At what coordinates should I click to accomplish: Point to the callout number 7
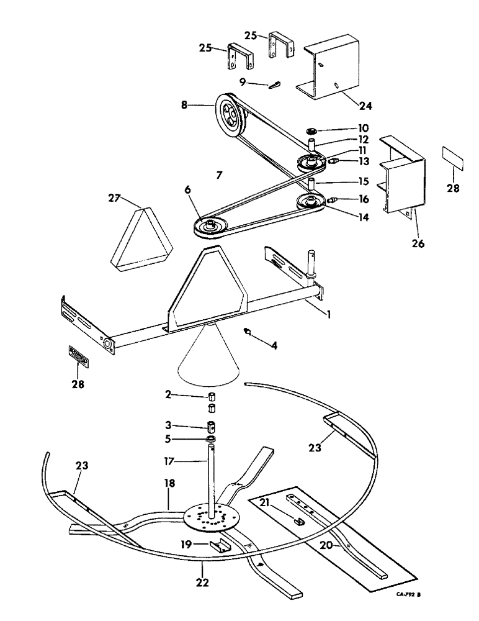(x=218, y=176)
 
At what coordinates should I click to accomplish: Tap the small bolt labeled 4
(x=249, y=332)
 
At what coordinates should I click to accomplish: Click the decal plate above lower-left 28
(x=78, y=357)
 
